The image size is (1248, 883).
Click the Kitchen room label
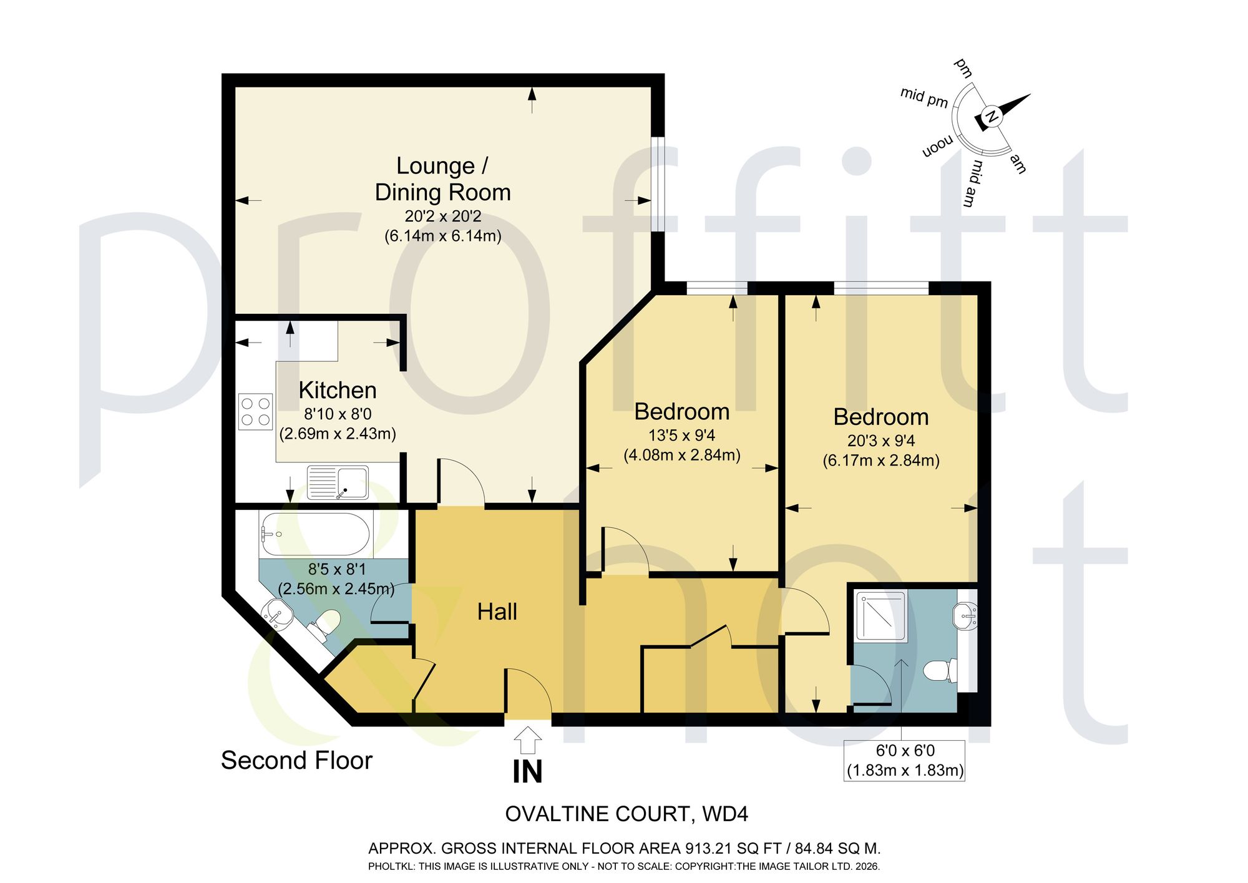point(338,391)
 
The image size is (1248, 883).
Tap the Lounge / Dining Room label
point(442,179)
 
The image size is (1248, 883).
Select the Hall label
point(497,612)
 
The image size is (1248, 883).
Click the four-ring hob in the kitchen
point(256,412)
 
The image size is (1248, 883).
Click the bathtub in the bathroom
point(315,534)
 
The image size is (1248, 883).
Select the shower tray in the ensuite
point(881,616)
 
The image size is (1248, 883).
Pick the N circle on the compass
point(992,116)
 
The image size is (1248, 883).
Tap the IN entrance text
point(527,772)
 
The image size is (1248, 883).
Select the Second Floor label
point(296,761)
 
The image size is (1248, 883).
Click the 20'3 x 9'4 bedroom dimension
point(881,441)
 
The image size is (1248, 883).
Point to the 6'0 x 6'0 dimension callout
point(905,761)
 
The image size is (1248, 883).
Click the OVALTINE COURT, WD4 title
point(626,814)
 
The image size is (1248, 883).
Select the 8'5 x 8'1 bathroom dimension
point(337,569)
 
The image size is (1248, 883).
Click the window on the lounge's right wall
point(658,184)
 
